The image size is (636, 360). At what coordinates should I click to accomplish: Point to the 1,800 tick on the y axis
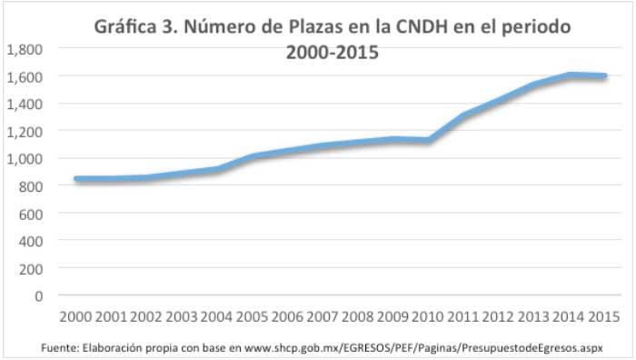point(25,49)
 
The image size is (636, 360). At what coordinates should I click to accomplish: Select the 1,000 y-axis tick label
point(25,158)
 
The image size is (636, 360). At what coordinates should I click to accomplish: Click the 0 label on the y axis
point(38,295)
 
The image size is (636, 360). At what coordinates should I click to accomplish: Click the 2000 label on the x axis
point(74,317)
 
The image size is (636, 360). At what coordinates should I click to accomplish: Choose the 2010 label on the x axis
point(427,317)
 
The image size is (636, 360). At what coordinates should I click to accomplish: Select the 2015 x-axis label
point(604,317)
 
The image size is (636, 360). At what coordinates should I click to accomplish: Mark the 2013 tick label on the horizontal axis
point(533,317)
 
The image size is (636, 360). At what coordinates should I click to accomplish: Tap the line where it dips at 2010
point(428,140)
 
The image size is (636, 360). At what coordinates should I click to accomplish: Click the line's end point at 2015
point(604,76)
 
